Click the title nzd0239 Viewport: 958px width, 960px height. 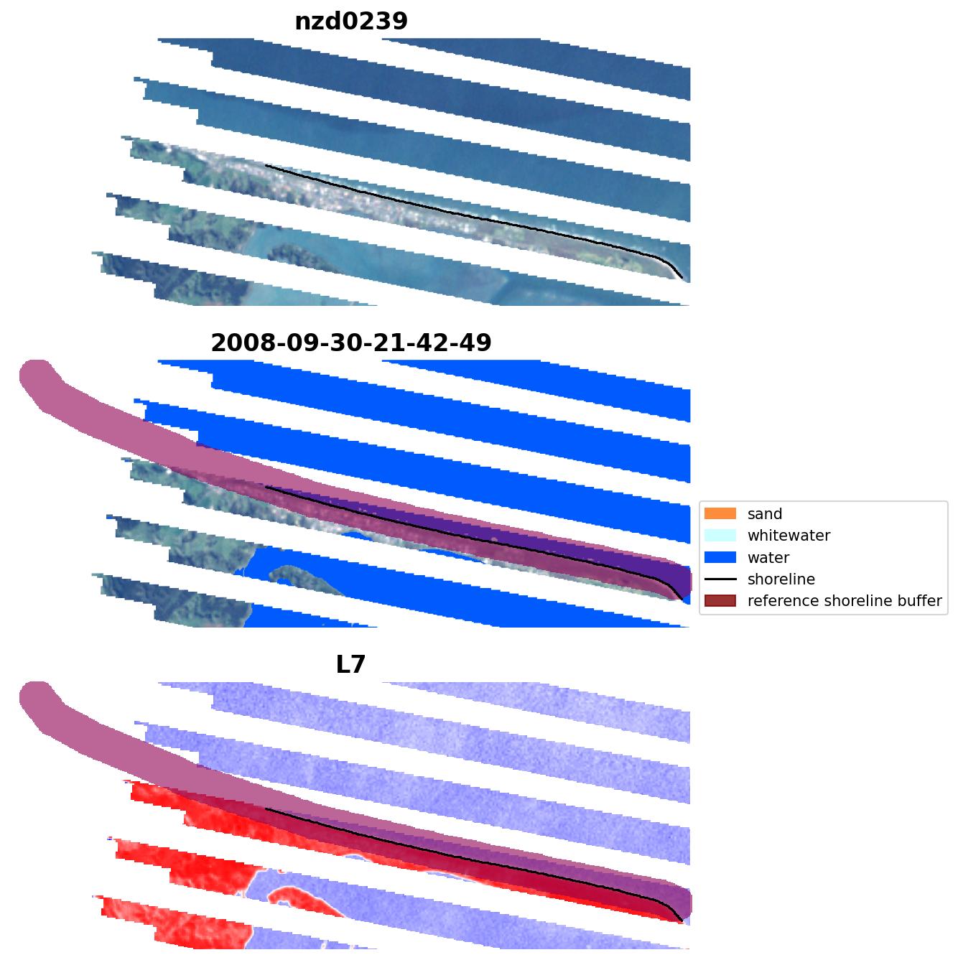point(351,22)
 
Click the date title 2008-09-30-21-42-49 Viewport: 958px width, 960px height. point(351,343)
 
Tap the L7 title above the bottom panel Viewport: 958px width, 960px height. point(351,665)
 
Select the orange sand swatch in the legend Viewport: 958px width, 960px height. point(720,514)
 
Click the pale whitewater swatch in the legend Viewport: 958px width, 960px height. point(720,536)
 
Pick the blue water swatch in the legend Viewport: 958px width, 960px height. point(720,558)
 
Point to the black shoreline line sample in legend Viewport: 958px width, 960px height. point(720,579)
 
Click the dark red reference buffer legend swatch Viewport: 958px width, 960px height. point(720,601)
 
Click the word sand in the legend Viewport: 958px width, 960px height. point(765,514)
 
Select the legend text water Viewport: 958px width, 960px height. point(768,558)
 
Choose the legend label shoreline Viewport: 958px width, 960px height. point(781,579)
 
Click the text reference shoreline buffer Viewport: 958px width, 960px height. point(845,601)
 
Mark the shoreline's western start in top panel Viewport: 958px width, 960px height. point(266,166)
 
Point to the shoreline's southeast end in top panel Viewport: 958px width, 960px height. point(682,278)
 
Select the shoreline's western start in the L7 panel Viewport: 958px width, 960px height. point(266,809)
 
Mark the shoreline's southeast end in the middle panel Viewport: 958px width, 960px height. point(682,599)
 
